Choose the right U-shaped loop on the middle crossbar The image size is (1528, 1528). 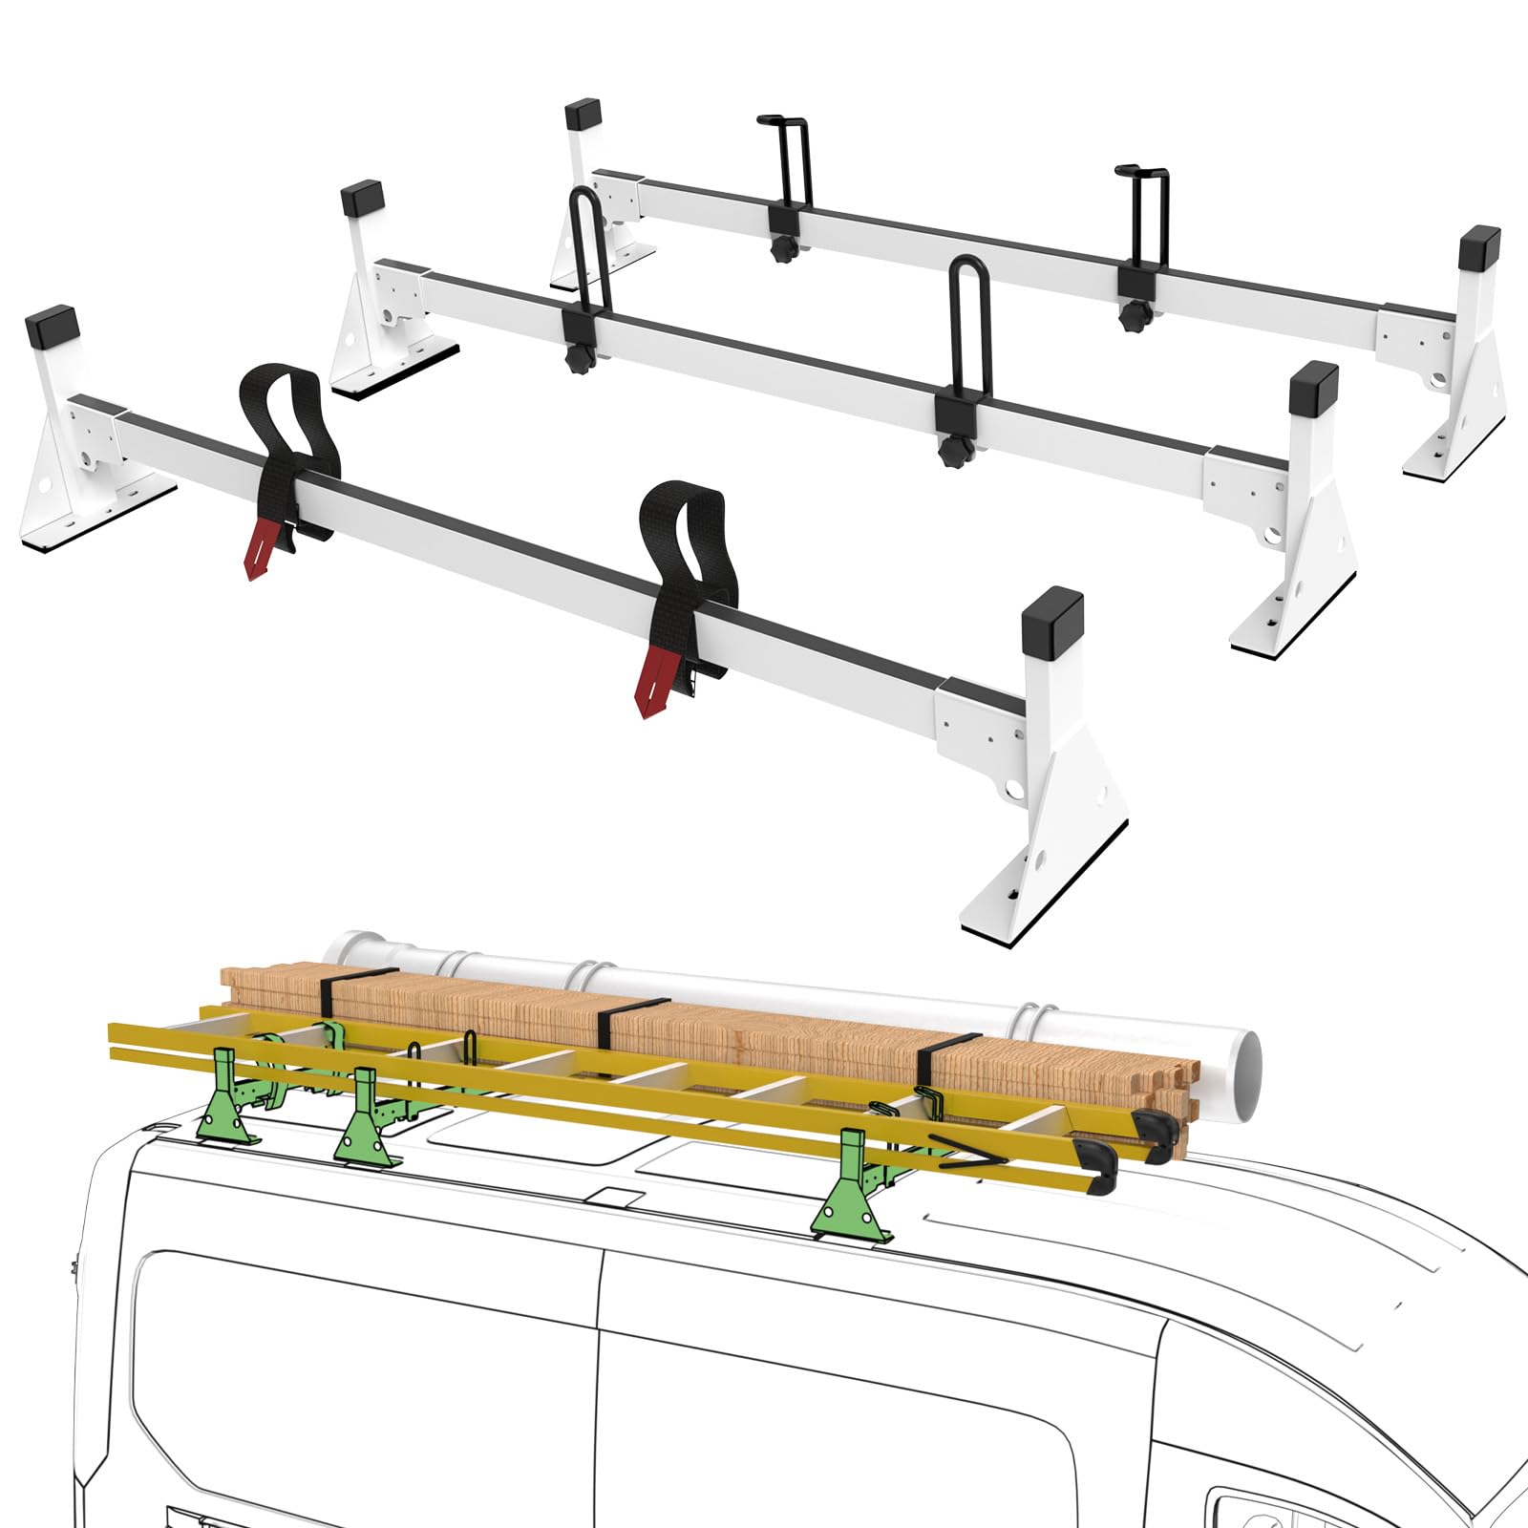[970, 329]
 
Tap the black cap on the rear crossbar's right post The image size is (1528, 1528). [1478, 249]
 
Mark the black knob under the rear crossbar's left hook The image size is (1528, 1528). [784, 251]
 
